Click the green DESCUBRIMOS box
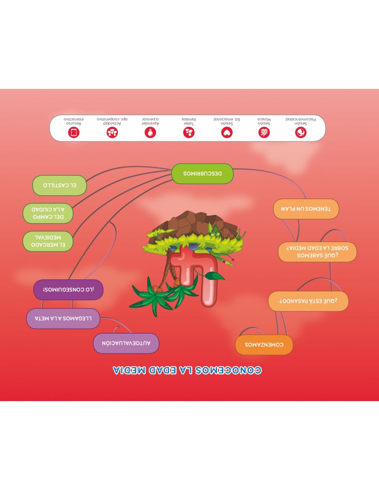coord(202,174)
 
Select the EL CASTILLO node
coord(60,185)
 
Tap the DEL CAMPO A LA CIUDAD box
coord(48,213)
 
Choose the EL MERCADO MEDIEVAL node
coord(48,241)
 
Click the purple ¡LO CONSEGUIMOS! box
coord(68,290)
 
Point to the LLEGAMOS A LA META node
coord(63,319)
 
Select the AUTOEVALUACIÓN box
coord(126,344)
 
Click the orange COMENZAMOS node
coord(264,345)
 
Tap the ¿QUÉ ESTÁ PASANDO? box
coord(308,301)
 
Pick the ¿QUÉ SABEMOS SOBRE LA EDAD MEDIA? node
coord(317,252)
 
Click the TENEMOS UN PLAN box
coord(306,209)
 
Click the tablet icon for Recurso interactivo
coord(74,132)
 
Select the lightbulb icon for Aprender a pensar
coord(150,132)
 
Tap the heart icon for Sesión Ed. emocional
coord(227,132)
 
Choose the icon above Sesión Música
coord(264,132)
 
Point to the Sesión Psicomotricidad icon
coord(301,132)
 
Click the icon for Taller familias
coord(189,132)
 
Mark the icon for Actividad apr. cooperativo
coord(112,132)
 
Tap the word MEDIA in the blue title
coord(129,370)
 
